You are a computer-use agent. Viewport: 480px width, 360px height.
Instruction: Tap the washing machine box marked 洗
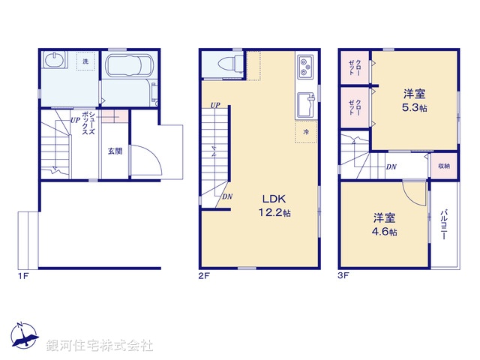(85, 61)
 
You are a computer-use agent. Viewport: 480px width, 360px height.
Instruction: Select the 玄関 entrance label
(115, 151)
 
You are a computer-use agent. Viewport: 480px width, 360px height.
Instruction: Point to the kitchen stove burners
(307, 67)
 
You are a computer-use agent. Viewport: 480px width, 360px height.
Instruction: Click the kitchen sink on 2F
(306, 104)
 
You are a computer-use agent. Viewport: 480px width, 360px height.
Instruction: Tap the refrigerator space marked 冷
(307, 131)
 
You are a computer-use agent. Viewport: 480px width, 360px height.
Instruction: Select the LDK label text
(273, 199)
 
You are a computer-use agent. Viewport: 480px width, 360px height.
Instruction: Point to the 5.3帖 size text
(414, 108)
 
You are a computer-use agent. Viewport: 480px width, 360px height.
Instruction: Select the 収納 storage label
(444, 166)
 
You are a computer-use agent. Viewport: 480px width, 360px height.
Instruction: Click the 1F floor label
(23, 276)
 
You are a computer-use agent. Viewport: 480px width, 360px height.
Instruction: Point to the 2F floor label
(203, 276)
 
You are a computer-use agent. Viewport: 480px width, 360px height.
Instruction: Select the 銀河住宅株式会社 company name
(100, 346)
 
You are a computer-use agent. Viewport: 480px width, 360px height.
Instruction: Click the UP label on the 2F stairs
(215, 104)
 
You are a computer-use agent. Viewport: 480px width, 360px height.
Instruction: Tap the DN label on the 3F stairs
(391, 166)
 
